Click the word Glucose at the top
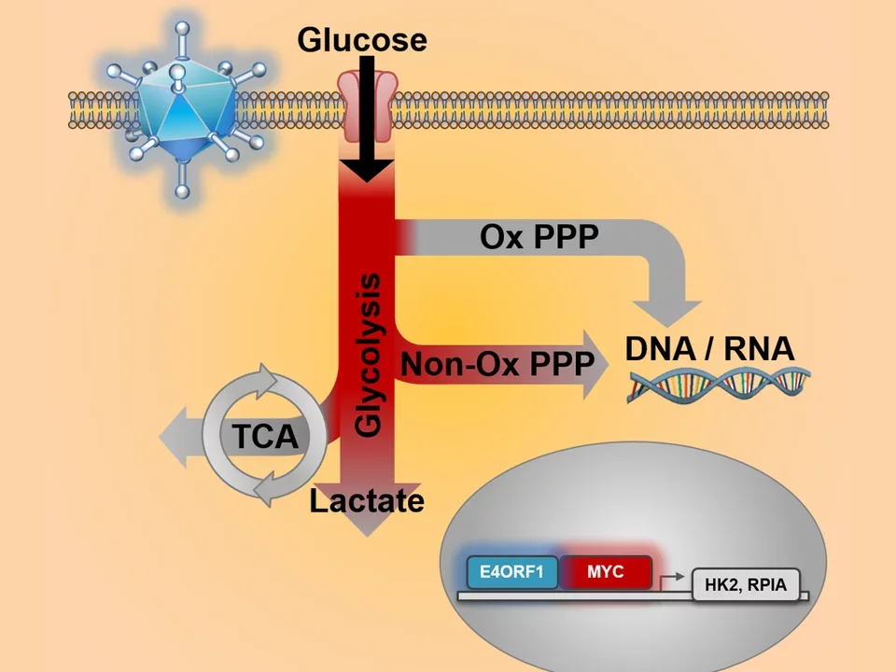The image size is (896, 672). tap(362, 39)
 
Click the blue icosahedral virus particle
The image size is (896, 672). tap(184, 108)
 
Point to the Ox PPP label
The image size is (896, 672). tap(539, 237)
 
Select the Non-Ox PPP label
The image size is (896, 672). tap(497, 364)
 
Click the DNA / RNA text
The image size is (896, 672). tap(709, 349)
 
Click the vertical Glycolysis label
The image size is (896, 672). tap(369, 355)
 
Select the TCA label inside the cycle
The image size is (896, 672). tap(264, 436)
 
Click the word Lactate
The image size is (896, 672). tap(367, 501)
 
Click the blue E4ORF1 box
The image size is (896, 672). tap(511, 571)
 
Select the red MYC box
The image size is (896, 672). tap(606, 571)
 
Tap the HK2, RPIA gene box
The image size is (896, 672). tap(746, 586)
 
